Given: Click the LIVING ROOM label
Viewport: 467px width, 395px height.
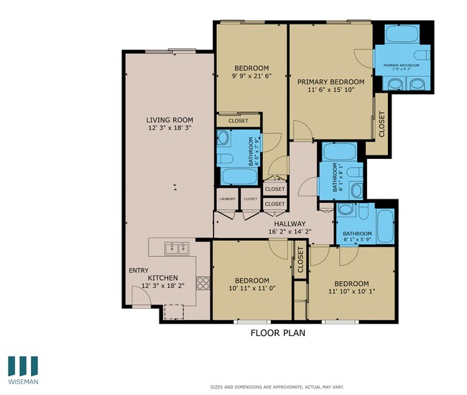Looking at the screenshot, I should click(170, 120).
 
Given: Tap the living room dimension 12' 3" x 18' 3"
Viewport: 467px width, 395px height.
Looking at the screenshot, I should click(170, 128).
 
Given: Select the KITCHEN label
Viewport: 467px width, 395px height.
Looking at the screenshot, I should click(162, 278).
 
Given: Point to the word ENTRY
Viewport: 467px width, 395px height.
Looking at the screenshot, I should click(139, 271).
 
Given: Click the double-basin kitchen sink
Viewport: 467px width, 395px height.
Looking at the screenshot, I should click(176, 249).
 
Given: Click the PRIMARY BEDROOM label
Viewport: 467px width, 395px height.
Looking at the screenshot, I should click(331, 83).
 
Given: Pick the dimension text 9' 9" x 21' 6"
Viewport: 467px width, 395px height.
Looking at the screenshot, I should click(251, 76).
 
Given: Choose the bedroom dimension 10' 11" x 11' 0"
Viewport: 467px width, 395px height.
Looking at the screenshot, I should click(251, 289).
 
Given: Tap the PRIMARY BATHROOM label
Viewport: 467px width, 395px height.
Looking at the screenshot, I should click(401, 66).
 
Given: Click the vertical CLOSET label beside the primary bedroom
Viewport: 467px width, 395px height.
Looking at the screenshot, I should click(382, 124).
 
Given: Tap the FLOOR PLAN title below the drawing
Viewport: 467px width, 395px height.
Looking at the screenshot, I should click(278, 333).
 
